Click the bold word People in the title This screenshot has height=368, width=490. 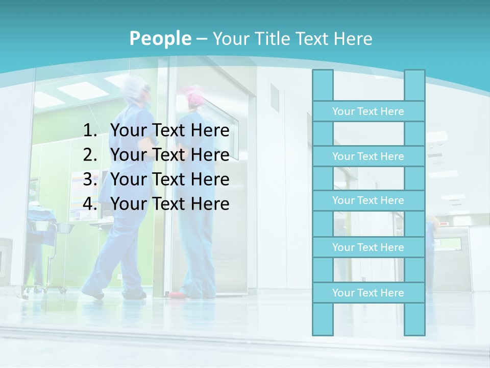160,38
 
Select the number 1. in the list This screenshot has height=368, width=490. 90,131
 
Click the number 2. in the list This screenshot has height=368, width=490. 90,155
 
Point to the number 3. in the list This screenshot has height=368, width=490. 90,179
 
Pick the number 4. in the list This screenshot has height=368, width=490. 90,204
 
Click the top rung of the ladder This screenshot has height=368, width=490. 368,111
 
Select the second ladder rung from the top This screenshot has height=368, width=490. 368,156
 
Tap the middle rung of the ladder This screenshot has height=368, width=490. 368,200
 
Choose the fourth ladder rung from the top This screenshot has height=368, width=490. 368,247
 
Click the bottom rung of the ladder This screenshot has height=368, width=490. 368,293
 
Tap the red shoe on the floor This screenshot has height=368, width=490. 176,295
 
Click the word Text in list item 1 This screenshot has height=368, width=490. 168,131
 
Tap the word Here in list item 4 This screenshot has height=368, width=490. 210,204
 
